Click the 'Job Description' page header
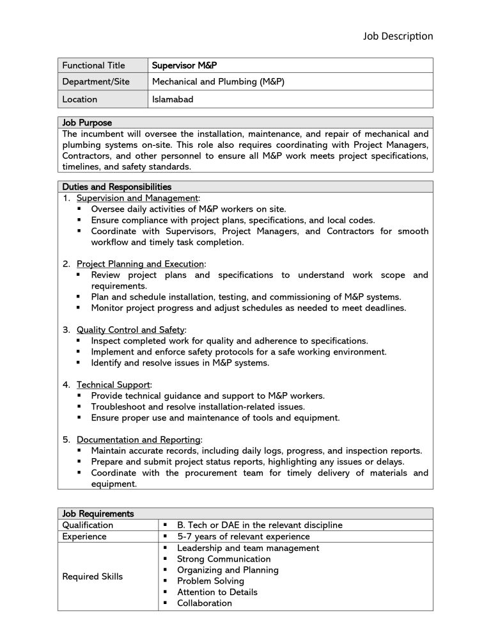[x=398, y=36]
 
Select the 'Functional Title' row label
[x=93, y=65]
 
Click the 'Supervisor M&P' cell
[x=189, y=65]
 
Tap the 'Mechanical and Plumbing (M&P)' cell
[x=218, y=82]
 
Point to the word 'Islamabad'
[x=173, y=99]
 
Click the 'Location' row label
[x=80, y=99]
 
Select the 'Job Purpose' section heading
[x=87, y=123]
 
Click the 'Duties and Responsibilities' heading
[x=117, y=187]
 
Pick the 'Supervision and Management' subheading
[x=137, y=198]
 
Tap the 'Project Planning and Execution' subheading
[x=140, y=264]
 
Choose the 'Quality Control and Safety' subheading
[x=130, y=330]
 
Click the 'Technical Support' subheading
[x=113, y=385]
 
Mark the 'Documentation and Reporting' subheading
[x=139, y=440]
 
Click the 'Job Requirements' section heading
[x=98, y=513]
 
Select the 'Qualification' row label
[x=88, y=525]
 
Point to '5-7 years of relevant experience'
[x=243, y=536]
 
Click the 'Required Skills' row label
[x=92, y=576]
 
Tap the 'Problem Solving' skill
[x=210, y=581]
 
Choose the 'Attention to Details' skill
[x=217, y=592]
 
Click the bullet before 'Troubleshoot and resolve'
[x=79, y=406]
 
